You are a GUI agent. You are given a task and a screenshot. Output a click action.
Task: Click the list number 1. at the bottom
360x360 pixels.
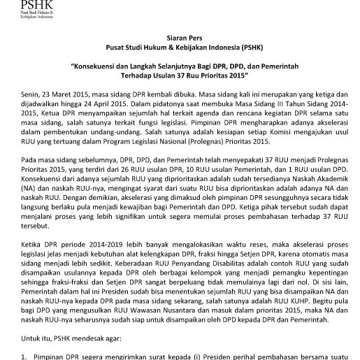pos(24,354)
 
